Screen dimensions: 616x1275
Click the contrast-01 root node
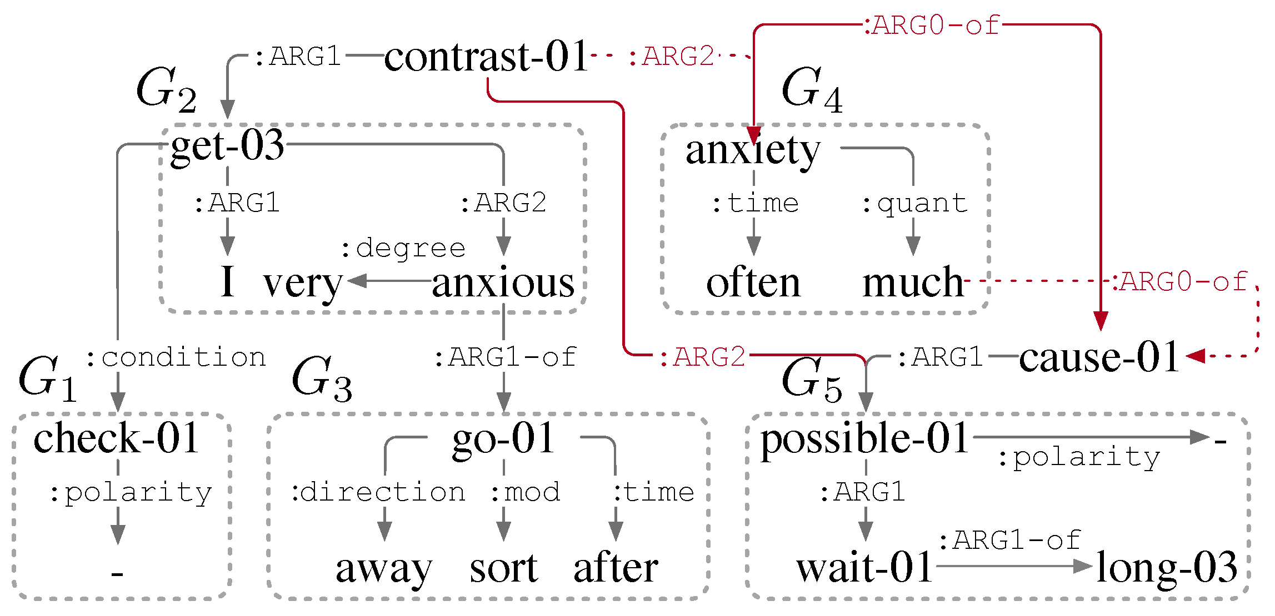[x=486, y=57]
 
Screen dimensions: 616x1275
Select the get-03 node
[x=227, y=145]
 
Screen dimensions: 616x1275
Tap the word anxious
[x=503, y=282]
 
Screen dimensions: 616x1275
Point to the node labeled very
[x=303, y=284]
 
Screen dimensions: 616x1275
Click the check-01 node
[x=117, y=438]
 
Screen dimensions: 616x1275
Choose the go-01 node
[x=503, y=438]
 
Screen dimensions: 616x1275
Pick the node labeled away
[x=384, y=569]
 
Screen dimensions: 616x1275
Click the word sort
[x=503, y=569]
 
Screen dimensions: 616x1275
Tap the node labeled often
[x=753, y=282]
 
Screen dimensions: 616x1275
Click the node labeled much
[x=913, y=282]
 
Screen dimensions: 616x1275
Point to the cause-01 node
[x=1099, y=357]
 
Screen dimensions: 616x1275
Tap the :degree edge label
[x=403, y=249]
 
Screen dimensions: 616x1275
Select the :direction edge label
[x=378, y=493]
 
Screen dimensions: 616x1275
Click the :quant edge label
[x=914, y=204]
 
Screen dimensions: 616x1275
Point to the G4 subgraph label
[x=811, y=89]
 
